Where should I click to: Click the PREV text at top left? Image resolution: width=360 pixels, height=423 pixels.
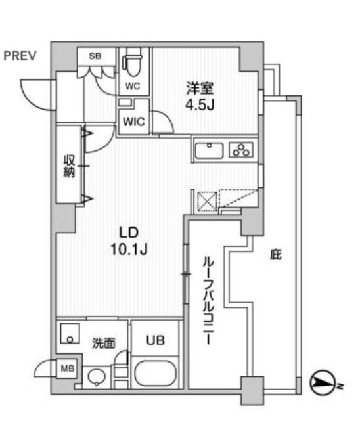click(x=20, y=56)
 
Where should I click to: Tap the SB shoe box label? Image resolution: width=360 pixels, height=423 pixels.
click(x=95, y=56)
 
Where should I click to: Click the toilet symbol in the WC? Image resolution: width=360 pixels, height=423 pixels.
click(x=133, y=62)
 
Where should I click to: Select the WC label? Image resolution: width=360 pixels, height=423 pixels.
click(x=133, y=86)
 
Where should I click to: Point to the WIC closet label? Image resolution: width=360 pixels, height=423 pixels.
click(x=134, y=122)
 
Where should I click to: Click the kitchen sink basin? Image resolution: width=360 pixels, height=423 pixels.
click(x=210, y=150)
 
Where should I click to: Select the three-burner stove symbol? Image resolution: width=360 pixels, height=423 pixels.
click(x=241, y=150)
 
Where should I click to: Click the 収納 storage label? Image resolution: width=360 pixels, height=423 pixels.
click(x=69, y=166)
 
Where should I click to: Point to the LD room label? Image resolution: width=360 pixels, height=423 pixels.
click(x=129, y=233)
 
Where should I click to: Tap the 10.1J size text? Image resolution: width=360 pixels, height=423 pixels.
click(x=129, y=250)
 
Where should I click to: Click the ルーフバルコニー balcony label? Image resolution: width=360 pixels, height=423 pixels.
click(x=208, y=301)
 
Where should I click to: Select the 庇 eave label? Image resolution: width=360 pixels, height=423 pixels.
click(x=276, y=255)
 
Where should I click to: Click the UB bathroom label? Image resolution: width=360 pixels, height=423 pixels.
click(x=156, y=340)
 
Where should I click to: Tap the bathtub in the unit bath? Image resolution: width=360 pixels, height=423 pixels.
click(x=156, y=373)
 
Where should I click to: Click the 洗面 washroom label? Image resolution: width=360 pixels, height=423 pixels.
click(x=104, y=343)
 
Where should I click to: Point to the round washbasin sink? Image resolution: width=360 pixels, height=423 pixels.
click(x=97, y=376)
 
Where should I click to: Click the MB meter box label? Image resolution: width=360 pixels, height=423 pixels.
click(x=67, y=368)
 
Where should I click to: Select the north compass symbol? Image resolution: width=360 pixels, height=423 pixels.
click(x=323, y=383)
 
